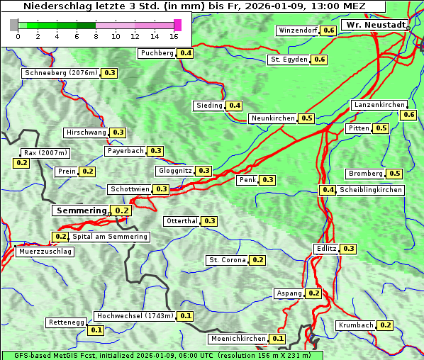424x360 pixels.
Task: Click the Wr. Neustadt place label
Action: click(375, 25)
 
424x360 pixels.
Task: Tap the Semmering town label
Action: click(82, 210)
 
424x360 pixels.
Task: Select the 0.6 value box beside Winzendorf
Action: click(328, 30)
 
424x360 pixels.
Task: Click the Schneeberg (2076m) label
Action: click(60, 73)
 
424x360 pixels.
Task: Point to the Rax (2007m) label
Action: click(45, 153)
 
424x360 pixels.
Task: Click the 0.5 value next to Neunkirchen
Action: click(306, 118)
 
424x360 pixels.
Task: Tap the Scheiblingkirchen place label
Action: click(370, 190)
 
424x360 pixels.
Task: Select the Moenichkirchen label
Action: click(238, 339)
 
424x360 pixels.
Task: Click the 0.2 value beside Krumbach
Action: click(385, 325)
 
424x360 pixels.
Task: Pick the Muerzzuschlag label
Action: click(45, 252)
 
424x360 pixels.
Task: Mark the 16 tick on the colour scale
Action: click(174, 36)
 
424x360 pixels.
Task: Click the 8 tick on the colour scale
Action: click(96, 36)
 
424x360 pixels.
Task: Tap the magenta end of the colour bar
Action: click(177, 26)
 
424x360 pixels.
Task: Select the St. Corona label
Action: click(227, 260)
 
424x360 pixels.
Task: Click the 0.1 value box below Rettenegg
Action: click(96, 330)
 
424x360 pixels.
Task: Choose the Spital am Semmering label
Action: click(110, 237)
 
